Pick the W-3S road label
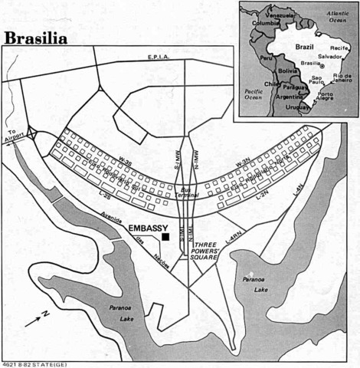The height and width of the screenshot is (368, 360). coord(125,162)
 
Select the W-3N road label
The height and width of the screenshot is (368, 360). coord(243,163)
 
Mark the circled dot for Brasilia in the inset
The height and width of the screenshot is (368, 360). coord(322,66)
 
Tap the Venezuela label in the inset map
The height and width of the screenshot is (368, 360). coord(279,15)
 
